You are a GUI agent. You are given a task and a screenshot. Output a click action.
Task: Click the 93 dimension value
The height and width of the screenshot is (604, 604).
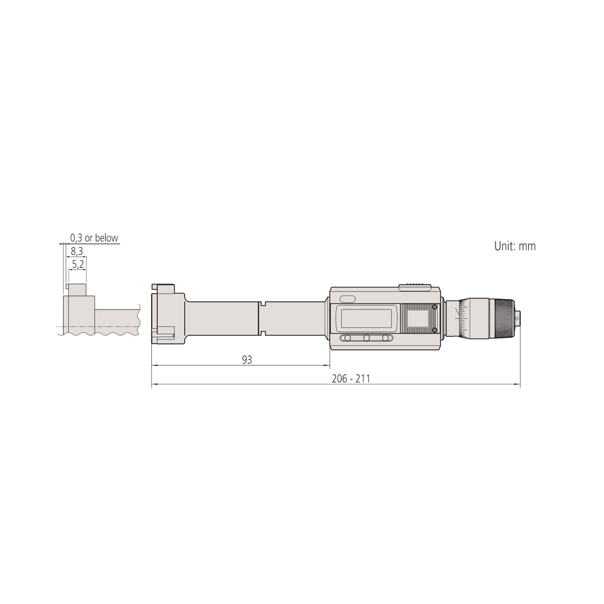click(247, 360)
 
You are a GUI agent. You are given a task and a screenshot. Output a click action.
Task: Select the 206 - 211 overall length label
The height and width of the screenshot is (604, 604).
click(351, 379)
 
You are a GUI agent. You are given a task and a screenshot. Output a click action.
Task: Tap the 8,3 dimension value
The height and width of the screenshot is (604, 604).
click(77, 251)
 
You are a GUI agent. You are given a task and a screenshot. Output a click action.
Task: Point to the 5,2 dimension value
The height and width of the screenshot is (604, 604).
click(78, 265)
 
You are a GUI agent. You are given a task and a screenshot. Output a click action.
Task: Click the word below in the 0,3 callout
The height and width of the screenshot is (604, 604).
click(106, 238)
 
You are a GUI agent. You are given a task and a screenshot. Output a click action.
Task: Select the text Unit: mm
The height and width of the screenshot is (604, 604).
click(515, 246)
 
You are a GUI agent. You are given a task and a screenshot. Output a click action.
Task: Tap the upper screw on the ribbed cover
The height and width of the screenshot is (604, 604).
click(434, 307)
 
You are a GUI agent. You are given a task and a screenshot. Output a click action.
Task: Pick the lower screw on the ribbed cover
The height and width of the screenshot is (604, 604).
click(434, 330)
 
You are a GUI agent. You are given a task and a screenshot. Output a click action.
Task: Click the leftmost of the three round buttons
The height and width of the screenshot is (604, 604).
click(347, 338)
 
